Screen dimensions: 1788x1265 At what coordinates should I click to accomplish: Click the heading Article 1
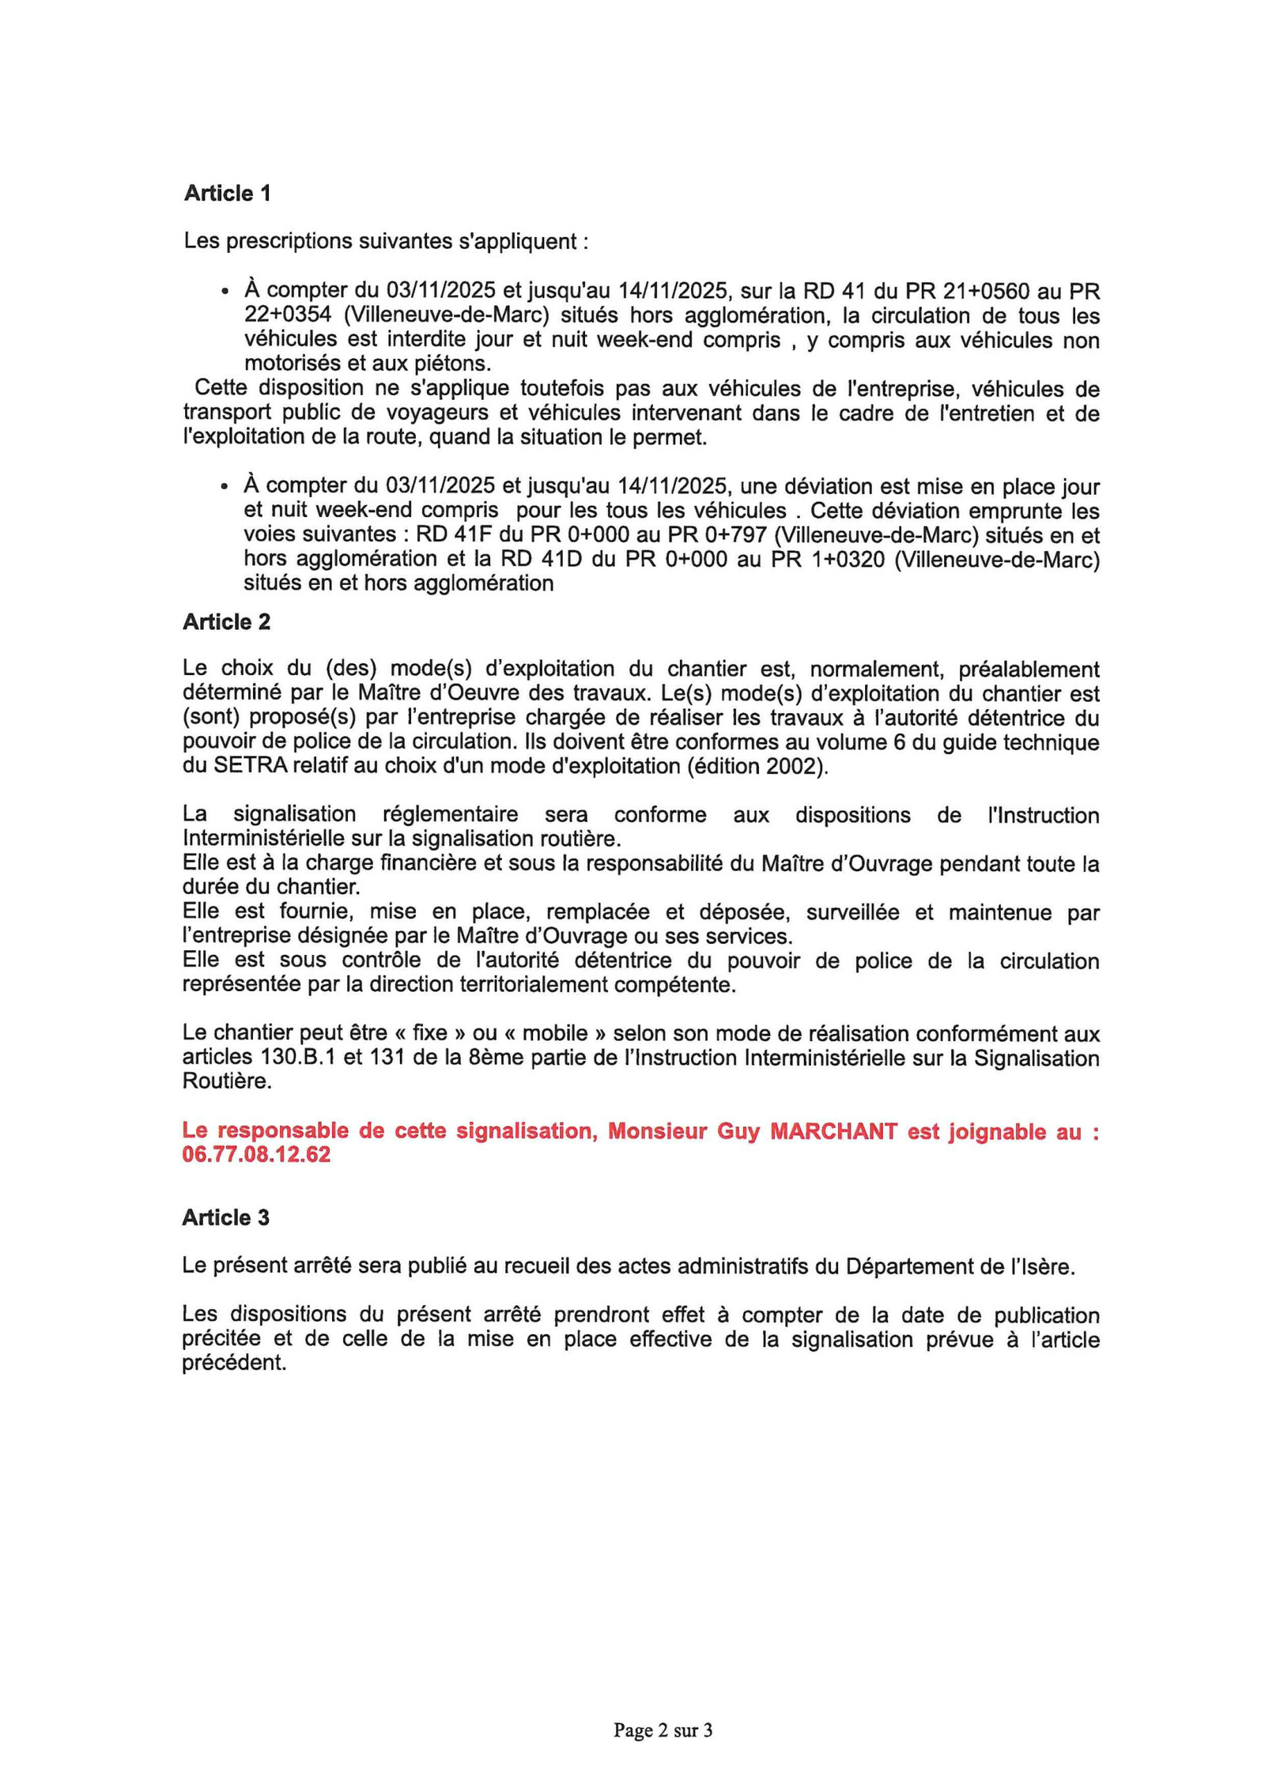click(227, 193)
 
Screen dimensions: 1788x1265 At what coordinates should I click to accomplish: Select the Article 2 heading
click(226, 622)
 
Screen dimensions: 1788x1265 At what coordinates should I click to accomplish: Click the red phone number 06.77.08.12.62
click(256, 1155)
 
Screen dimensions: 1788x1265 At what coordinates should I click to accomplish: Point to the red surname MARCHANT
click(833, 1131)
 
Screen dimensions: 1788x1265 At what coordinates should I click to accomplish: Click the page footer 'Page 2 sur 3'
click(663, 1730)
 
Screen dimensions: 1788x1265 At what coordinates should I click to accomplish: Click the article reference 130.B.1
click(297, 1058)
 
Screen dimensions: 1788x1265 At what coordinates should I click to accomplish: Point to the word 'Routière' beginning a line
click(226, 1081)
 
